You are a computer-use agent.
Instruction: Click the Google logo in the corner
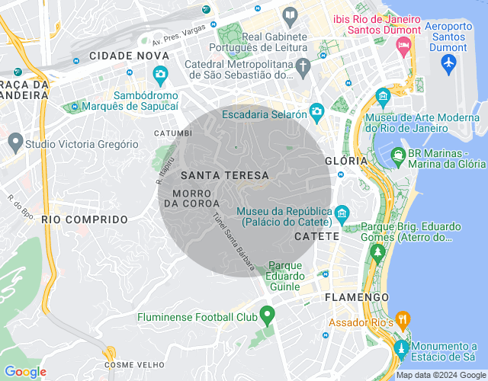point(25,372)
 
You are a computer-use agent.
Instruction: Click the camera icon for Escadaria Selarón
point(316,114)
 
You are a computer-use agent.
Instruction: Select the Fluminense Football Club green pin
point(267,314)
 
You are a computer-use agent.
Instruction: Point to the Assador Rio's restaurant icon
point(403,319)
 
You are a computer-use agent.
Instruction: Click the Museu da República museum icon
point(342,213)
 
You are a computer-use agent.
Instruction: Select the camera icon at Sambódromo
point(160,74)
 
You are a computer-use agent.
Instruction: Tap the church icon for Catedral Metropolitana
point(303,66)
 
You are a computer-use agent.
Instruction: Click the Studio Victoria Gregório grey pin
point(14,141)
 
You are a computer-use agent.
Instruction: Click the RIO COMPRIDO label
point(85,219)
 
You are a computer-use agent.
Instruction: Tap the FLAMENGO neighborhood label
point(357,296)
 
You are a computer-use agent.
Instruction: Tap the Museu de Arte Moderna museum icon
point(383,96)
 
